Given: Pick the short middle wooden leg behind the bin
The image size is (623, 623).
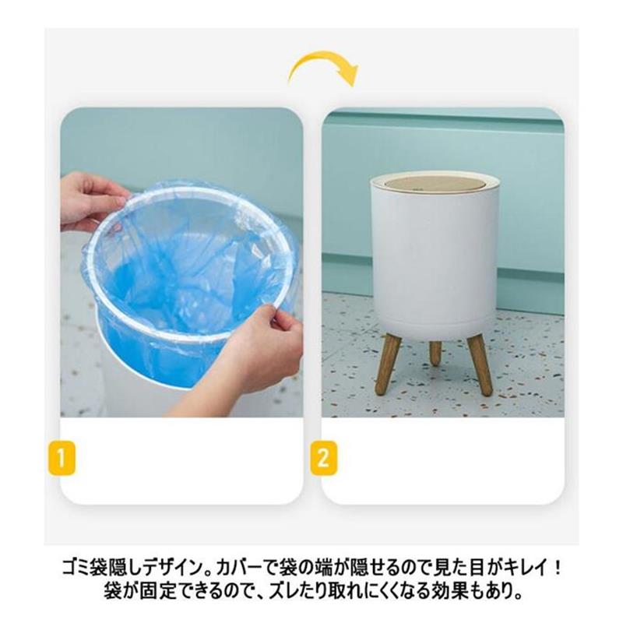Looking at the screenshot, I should coord(435,350).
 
